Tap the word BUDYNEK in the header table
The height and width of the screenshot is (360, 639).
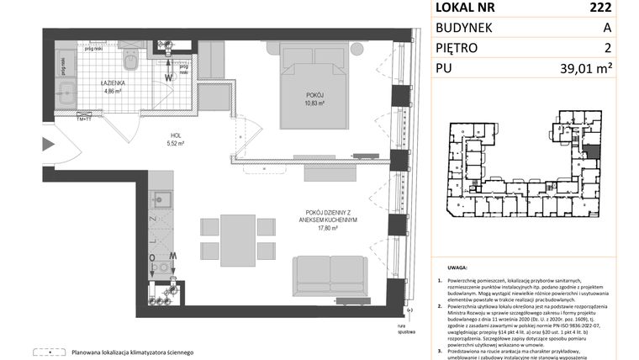coord(463,28)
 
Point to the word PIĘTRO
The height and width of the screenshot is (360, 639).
coord(456,48)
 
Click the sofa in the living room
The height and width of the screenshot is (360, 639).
coord(330,275)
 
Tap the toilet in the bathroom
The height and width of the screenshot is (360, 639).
coord(129,60)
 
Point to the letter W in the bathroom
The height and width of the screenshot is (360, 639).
coord(169,77)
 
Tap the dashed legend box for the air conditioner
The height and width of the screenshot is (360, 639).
coord(49,352)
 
